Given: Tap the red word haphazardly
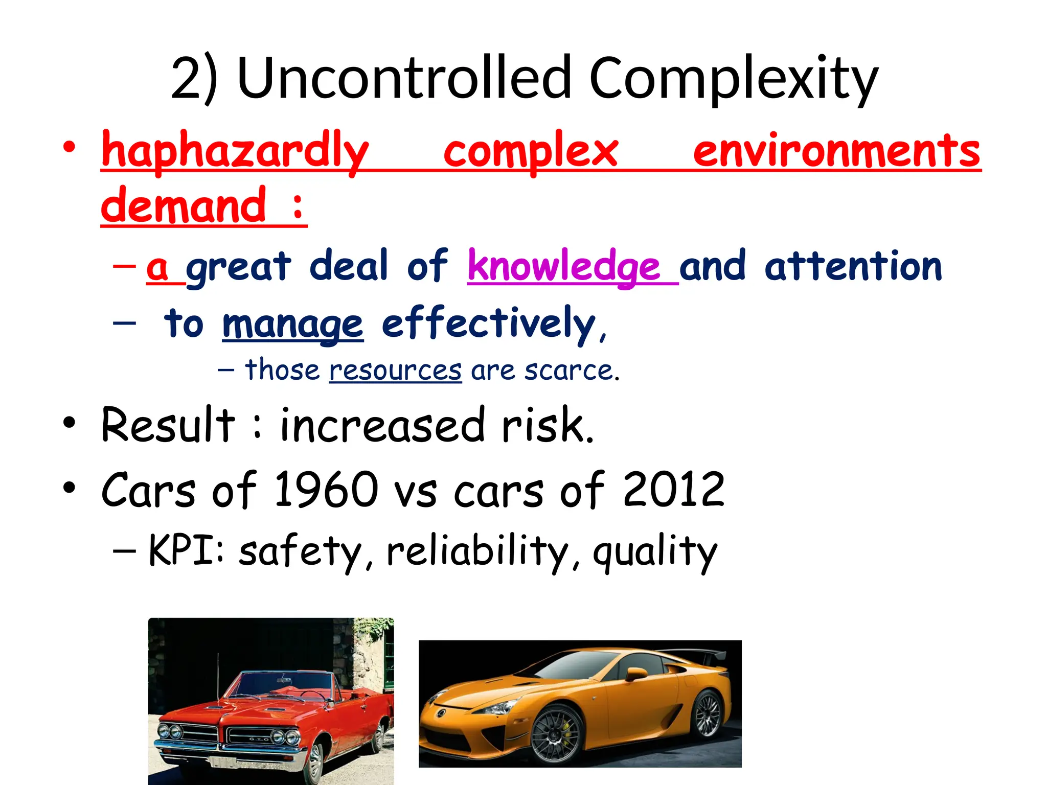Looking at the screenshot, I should [x=235, y=150].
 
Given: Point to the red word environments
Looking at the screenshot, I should [x=836, y=150].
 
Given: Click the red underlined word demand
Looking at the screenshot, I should [x=184, y=205].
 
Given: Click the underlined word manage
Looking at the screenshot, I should [x=292, y=324].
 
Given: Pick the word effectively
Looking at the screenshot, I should [x=489, y=323].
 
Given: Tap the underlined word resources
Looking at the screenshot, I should [x=395, y=370].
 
